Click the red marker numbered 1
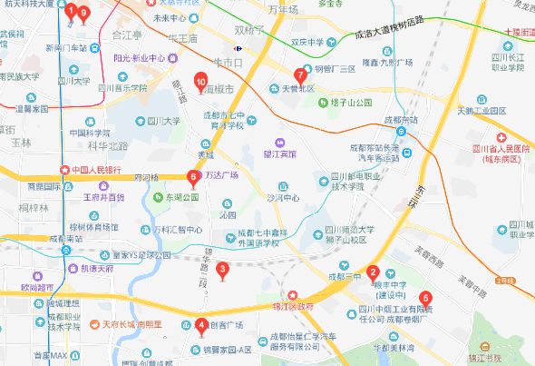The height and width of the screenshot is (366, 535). (x=71, y=11)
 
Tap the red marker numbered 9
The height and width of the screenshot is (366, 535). (x=83, y=13)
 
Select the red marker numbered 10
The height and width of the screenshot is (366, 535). (x=201, y=82)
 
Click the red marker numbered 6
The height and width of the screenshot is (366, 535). (x=191, y=177)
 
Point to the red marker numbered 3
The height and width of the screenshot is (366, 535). (x=223, y=267)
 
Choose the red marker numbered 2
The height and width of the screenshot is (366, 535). (x=373, y=272)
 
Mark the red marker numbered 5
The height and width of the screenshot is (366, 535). (x=426, y=297)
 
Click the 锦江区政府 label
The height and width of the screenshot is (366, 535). (x=312, y=308)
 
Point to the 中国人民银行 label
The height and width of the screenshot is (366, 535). (x=96, y=169)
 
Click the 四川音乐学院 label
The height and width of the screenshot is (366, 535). (x=122, y=88)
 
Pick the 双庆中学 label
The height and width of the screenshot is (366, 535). (x=307, y=42)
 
